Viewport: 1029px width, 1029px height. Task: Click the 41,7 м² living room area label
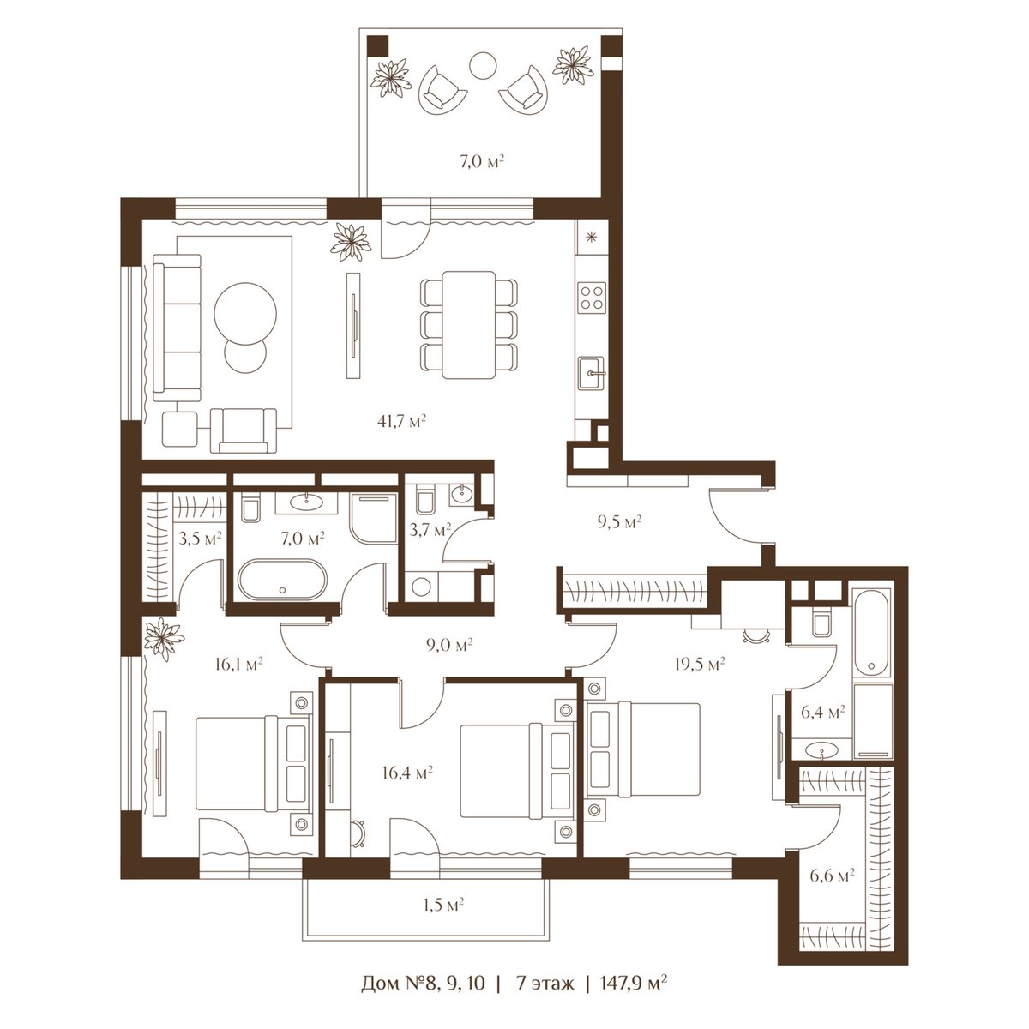pyautogui.click(x=401, y=421)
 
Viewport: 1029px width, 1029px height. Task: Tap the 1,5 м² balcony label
pyautogui.click(x=443, y=905)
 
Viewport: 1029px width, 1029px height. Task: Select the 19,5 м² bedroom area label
pyautogui.click(x=700, y=664)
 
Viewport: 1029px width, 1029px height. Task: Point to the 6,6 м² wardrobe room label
pyautogui.click(x=832, y=876)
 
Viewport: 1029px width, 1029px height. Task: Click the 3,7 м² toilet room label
pyautogui.click(x=430, y=529)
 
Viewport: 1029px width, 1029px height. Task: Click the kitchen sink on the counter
pyautogui.click(x=591, y=373)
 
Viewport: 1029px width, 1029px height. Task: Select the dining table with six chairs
pyautogui.click(x=469, y=325)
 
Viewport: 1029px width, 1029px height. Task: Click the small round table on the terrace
pyautogui.click(x=484, y=66)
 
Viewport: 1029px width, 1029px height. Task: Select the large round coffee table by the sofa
pyautogui.click(x=245, y=314)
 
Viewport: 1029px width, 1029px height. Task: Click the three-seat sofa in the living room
pyautogui.click(x=178, y=328)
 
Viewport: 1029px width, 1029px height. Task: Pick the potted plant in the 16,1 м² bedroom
pyautogui.click(x=164, y=638)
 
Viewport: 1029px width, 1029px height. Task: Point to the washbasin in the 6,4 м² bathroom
pyautogui.click(x=821, y=751)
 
